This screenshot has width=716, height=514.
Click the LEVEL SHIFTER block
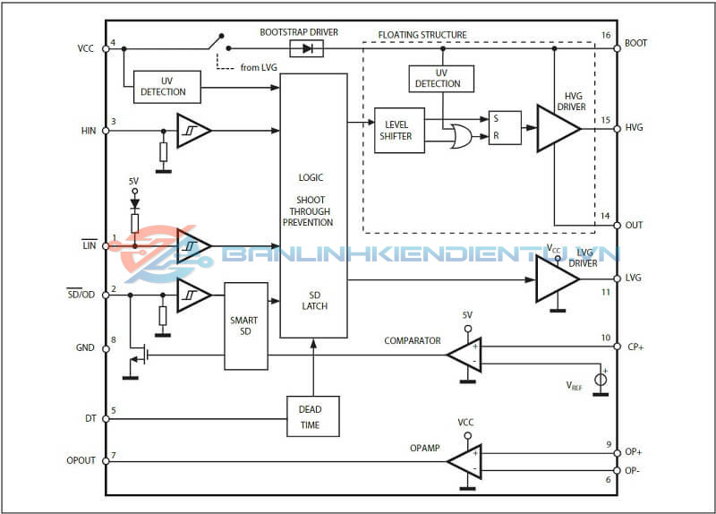click(399, 130)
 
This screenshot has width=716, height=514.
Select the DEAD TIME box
click(313, 416)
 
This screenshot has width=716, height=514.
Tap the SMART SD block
click(245, 326)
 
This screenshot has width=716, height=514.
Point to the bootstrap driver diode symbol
click(306, 48)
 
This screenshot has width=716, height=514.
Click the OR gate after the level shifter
click(463, 136)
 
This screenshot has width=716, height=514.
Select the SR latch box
click(504, 128)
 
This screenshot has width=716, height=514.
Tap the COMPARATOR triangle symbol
click(465, 356)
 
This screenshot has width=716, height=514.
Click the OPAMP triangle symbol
click(465, 462)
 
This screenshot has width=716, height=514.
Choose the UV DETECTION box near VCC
click(166, 87)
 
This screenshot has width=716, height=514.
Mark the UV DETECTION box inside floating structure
click(442, 79)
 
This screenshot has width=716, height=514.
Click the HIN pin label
click(88, 131)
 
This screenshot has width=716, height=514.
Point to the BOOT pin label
click(636, 42)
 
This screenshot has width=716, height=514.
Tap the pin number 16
click(606, 35)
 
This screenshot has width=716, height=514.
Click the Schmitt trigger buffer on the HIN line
click(192, 131)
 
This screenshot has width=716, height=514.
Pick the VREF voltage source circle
click(601, 380)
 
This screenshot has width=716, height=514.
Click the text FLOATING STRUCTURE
click(422, 35)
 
